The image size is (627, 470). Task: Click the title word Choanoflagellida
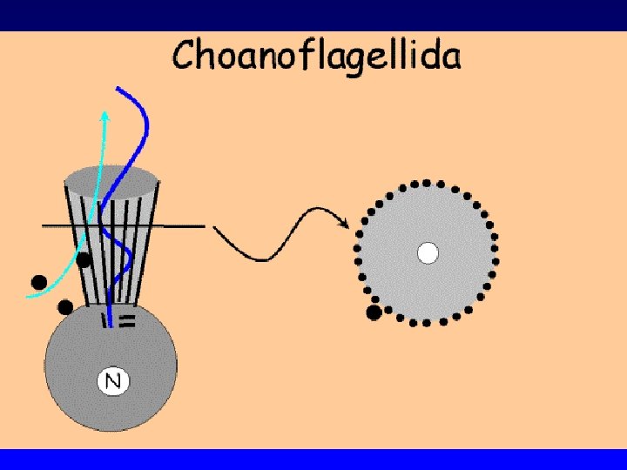pos(317,57)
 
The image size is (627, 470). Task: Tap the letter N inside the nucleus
pos(111,379)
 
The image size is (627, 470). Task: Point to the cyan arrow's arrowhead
pos(105,115)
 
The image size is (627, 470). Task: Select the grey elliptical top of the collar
pos(113,181)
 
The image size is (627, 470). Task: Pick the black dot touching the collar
pos(84,258)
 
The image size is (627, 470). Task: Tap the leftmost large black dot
pos(38,281)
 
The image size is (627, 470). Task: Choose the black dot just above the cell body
pos(65,306)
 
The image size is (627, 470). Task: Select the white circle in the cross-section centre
pos(427,252)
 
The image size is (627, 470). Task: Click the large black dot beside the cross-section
pos(374,312)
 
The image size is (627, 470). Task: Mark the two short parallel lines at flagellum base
pos(127,321)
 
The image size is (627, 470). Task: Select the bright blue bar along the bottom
pos(313,459)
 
